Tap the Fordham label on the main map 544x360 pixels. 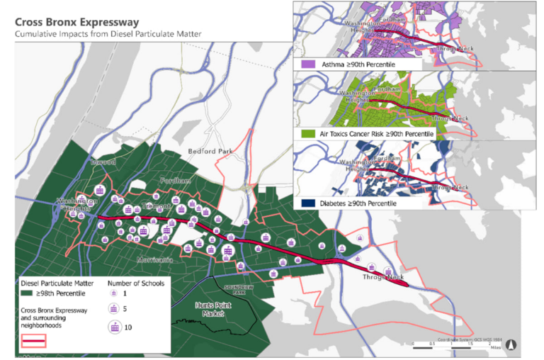point(175,181)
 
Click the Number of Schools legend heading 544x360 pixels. point(135,283)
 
